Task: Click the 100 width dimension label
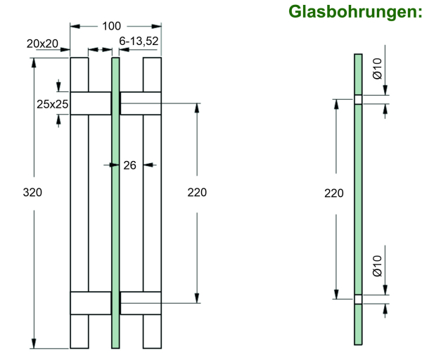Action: pyautogui.click(x=111, y=26)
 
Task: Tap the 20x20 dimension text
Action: pyautogui.click(x=42, y=44)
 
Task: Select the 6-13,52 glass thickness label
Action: pyautogui.click(x=139, y=42)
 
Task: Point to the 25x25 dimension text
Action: pyautogui.click(x=52, y=104)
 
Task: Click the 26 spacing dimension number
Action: pyautogui.click(x=129, y=165)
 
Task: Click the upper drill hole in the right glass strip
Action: pyautogui.click(x=358, y=99)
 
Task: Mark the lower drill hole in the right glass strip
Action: pyautogui.click(x=358, y=300)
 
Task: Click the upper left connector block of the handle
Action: pyautogui.click(x=91, y=103)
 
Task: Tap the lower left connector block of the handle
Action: pyautogui.click(x=91, y=302)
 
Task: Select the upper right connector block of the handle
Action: pyautogui.click(x=141, y=103)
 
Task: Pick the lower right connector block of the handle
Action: pyautogui.click(x=141, y=302)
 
